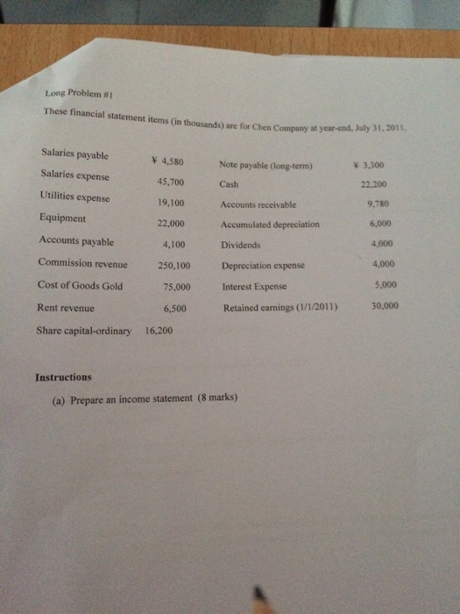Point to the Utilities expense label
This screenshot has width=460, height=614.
pos(75,196)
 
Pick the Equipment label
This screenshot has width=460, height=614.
pos(62,218)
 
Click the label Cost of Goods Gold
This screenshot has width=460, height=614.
pos(80,285)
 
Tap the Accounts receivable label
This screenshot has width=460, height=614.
pos(258,204)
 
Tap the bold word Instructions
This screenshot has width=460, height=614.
pos(63,377)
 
